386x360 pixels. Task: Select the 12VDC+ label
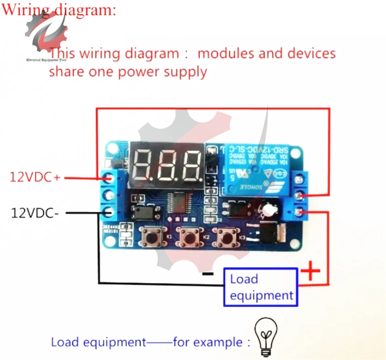[35, 177]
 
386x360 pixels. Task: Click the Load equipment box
[261, 287]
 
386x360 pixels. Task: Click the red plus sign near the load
[311, 272]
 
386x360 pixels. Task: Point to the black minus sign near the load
[208, 274]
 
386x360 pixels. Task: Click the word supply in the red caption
[185, 72]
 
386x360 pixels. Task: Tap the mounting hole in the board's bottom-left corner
[111, 242]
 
